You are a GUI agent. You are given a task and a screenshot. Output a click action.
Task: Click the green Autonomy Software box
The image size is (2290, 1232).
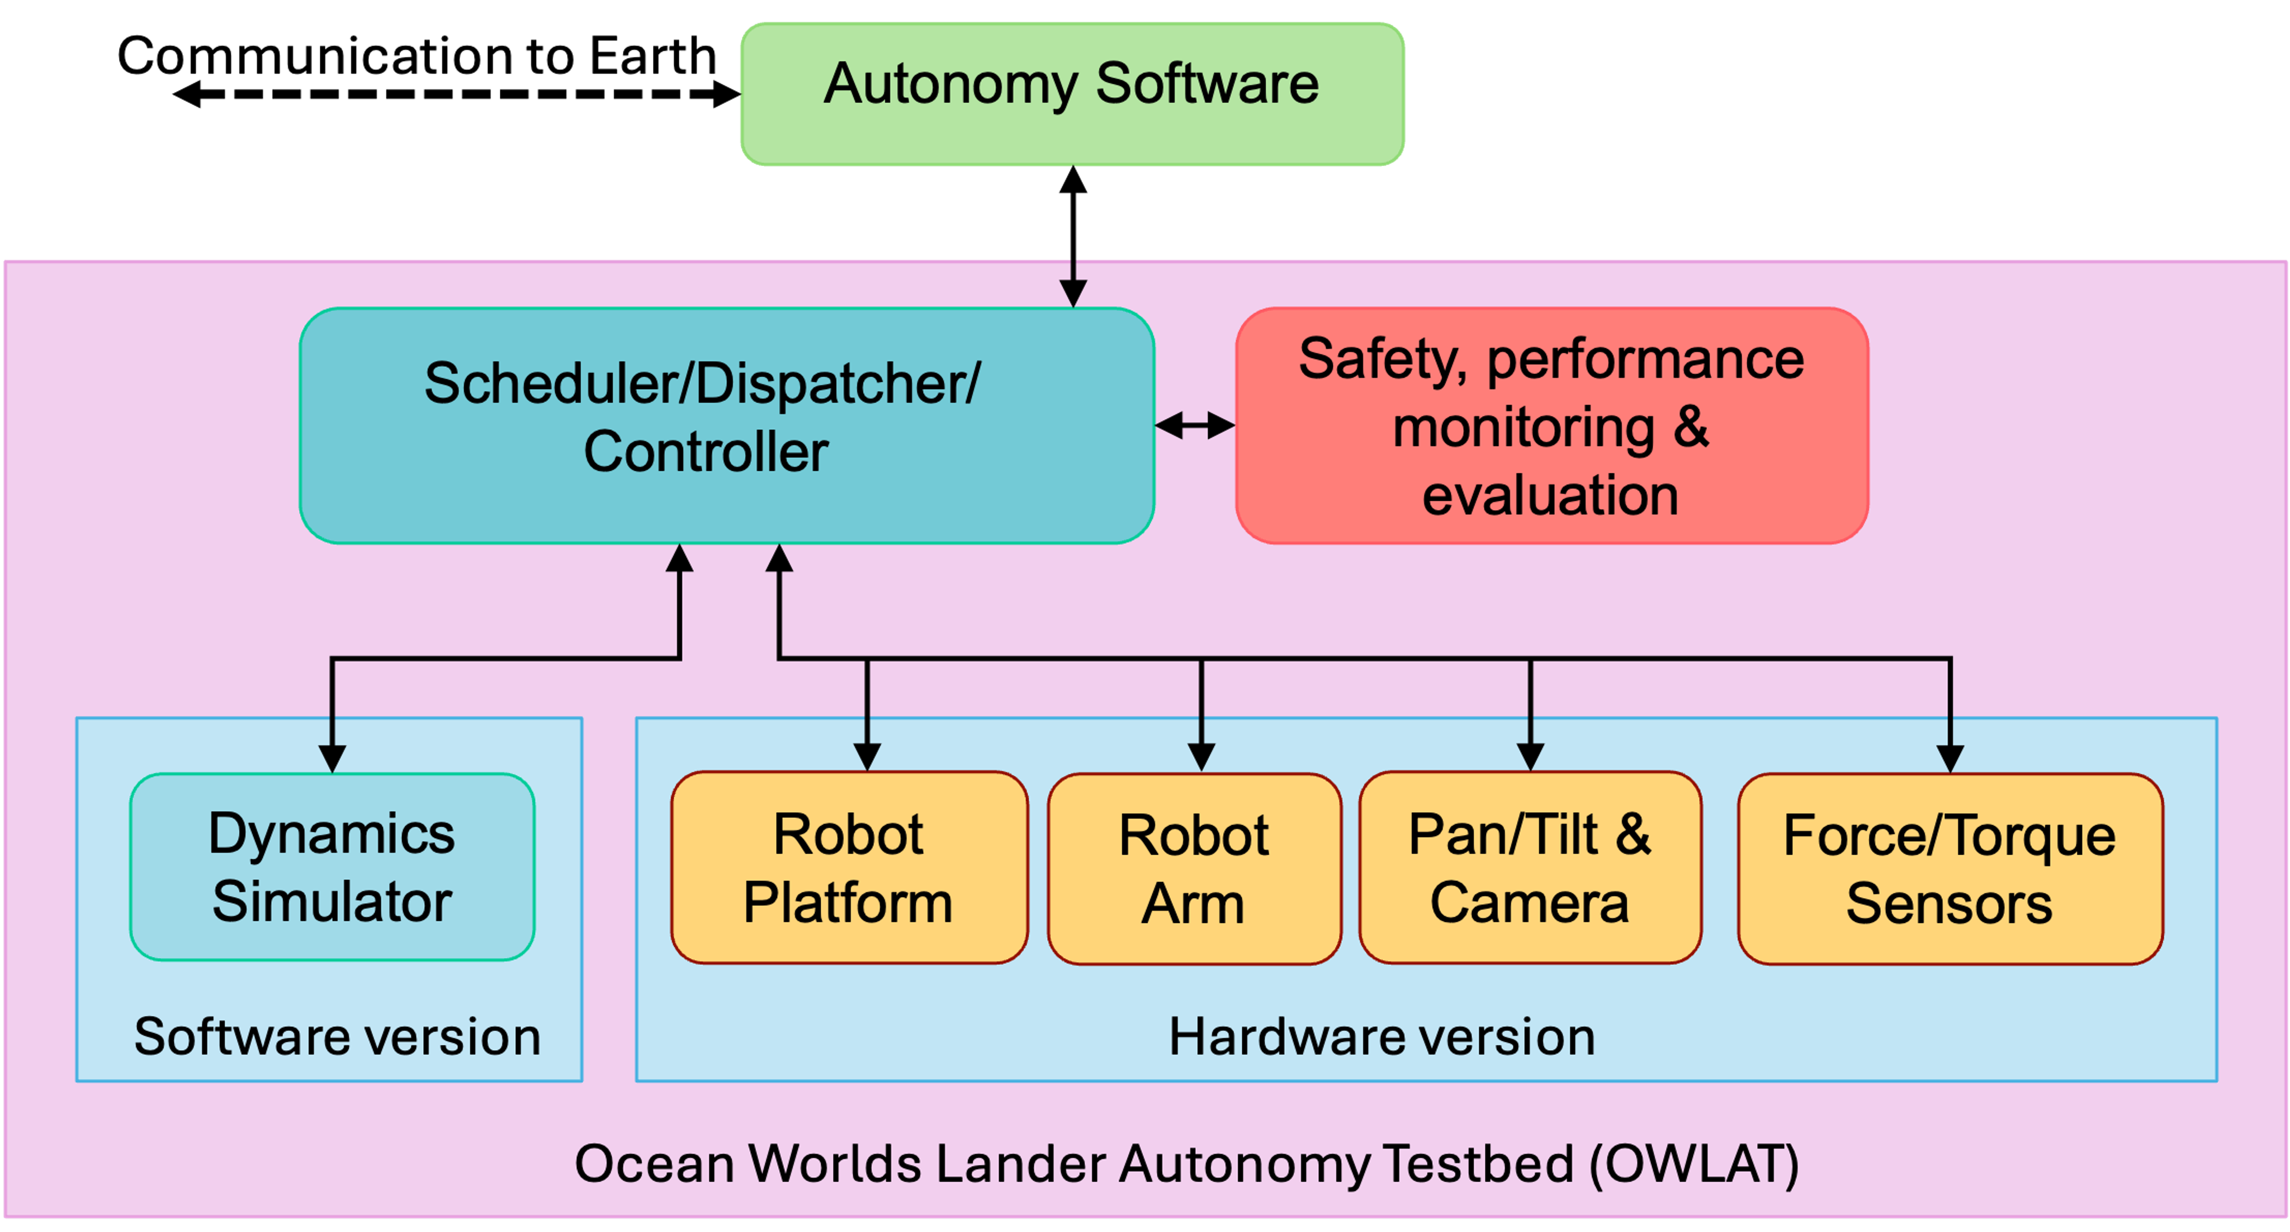click(1072, 93)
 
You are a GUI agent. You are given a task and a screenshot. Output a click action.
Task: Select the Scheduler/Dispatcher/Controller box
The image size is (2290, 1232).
click(726, 425)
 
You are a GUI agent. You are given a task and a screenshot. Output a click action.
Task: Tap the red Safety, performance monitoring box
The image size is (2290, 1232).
click(1551, 425)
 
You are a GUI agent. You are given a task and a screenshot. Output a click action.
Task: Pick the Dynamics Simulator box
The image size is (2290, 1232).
click(332, 866)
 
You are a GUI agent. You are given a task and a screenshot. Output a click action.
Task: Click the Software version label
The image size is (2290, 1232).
click(337, 1036)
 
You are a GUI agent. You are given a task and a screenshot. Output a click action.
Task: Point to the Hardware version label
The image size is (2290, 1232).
click(1381, 1036)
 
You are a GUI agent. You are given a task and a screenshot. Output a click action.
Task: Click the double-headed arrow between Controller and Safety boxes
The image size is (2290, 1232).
click(1195, 426)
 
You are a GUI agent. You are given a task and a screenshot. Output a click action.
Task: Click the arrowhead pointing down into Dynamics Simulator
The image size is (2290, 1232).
click(332, 758)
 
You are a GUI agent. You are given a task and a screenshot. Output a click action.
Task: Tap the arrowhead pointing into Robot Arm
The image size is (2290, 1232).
click(1201, 757)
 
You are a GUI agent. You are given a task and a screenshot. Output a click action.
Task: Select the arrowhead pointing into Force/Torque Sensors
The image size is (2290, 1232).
click(1950, 758)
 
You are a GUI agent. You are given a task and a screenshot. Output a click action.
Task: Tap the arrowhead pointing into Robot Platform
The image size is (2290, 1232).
click(867, 757)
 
